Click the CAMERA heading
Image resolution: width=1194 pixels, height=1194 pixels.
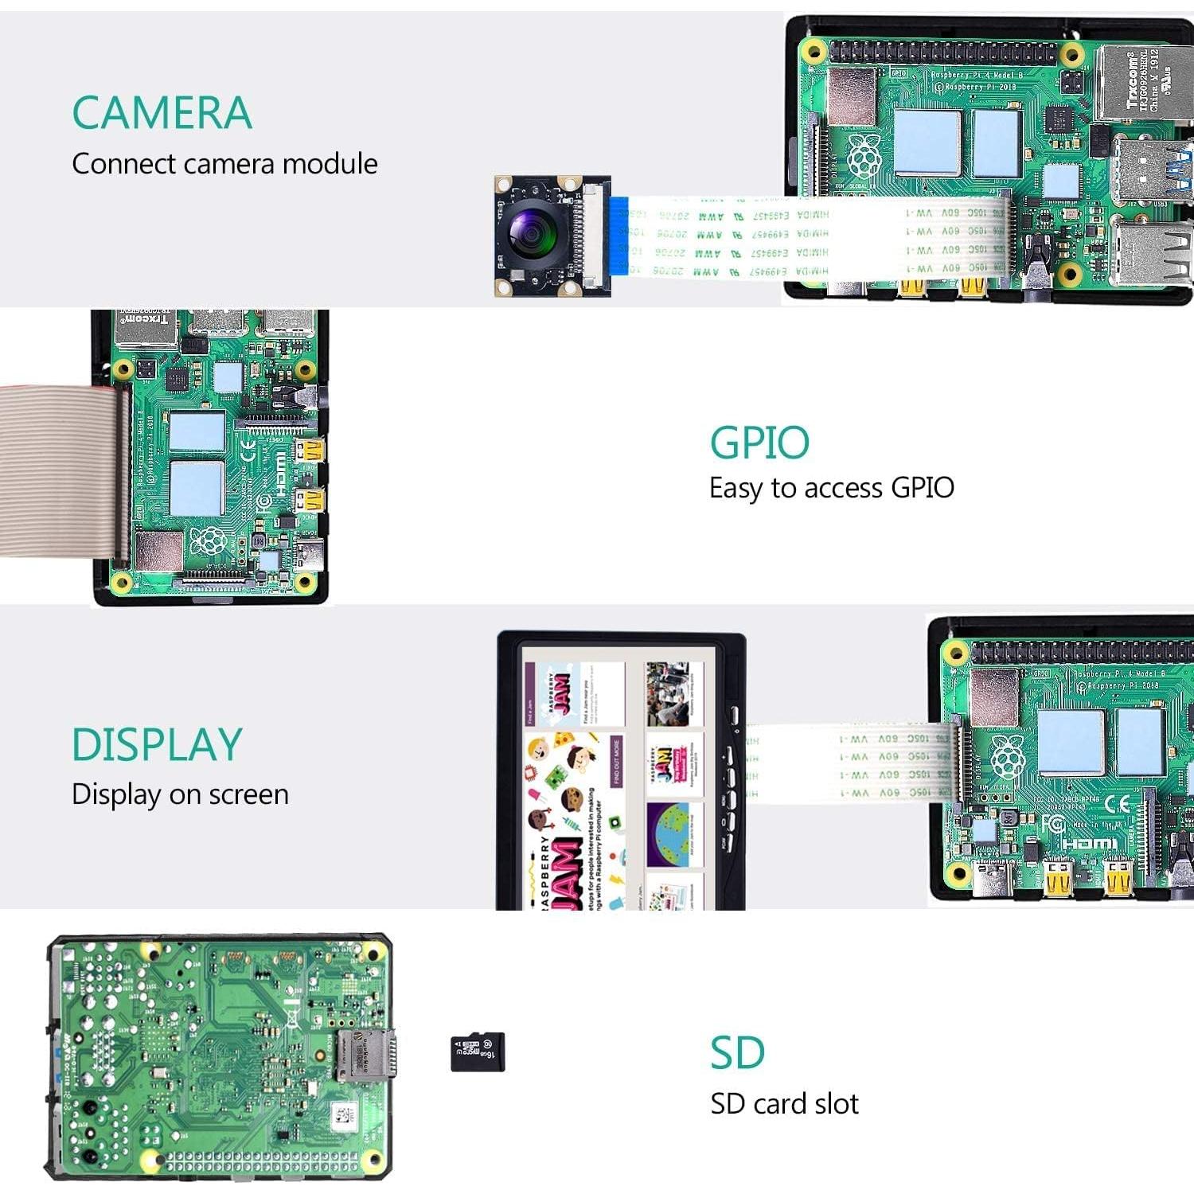162,113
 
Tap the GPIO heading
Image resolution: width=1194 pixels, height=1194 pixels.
759,443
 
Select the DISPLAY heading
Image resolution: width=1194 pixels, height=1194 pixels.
157,745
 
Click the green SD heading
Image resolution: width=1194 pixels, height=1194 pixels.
737,1053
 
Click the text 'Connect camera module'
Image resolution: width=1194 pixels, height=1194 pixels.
224,164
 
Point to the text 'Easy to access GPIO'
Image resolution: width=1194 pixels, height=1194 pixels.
831,488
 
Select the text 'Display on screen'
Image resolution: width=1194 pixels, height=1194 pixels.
180,794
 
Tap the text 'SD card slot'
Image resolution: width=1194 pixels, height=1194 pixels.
784,1104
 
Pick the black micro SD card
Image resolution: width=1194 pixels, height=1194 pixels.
478,1052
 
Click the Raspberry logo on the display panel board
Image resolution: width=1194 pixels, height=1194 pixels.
1007,756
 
